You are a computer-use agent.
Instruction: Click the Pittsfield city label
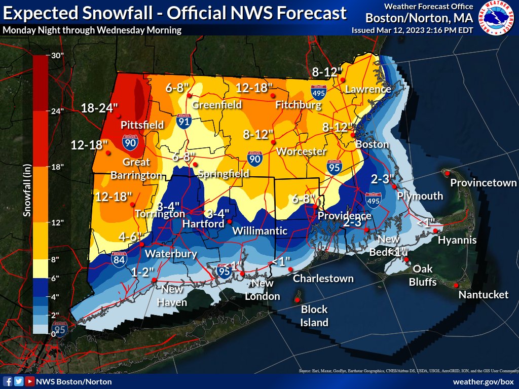142,125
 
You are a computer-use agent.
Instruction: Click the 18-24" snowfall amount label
99,107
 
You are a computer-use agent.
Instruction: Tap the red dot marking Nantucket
456,285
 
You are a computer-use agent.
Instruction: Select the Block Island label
314,316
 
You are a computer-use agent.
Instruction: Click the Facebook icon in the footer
8,381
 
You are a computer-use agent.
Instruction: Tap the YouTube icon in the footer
30,381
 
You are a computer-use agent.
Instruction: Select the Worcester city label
301,151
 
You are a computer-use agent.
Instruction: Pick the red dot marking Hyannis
435,231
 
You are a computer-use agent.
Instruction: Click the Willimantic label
259,231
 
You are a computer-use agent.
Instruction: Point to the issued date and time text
412,30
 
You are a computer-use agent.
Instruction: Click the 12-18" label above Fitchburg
254,88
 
